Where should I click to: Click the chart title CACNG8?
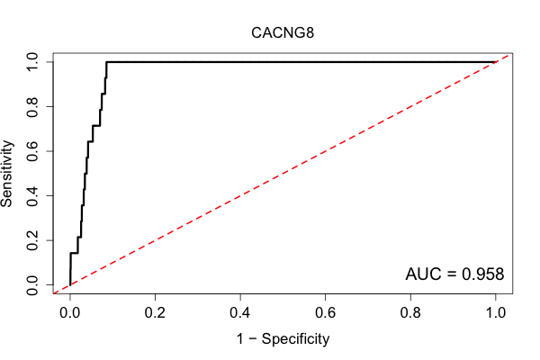pyautogui.click(x=283, y=33)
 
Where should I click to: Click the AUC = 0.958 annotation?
pyautogui.click(x=454, y=274)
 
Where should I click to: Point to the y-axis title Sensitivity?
pyautogui.click(x=6, y=174)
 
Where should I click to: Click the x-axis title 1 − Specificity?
pyautogui.click(x=283, y=339)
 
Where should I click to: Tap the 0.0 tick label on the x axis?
pyautogui.click(x=70, y=313)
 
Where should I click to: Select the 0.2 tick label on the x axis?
pyautogui.click(x=155, y=313)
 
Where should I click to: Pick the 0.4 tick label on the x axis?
pyautogui.click(x=240, y=313)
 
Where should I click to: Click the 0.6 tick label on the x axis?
pyautogui.click(x=325, y=313)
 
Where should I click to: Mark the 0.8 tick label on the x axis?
pyautogui.click(x=410, y=313)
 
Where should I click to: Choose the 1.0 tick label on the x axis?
pyautogui.click(x=496, y=313)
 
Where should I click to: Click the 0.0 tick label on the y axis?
pyautogui.click(x=32, y=285)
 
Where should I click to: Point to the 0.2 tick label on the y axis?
pyautogui.click(x=32, y=240)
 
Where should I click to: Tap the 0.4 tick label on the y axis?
pyautogui.click(x=32, y=196)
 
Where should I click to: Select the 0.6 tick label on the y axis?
pyautogui.click(x=32, y=151)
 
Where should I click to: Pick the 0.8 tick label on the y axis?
pyautogui.click(x=32, y=107)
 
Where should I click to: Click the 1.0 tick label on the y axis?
pyautogui.click(x=32, y=62)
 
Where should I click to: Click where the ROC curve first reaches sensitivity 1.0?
pyautogui.click(x=106, y=62)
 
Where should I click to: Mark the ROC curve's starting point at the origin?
pyautogui.click(x=70, y=285)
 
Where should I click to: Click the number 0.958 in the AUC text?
pyautogui.click(x=482, y=274)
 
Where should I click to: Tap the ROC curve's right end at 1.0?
pyautogui.click(x=496, y=62)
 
